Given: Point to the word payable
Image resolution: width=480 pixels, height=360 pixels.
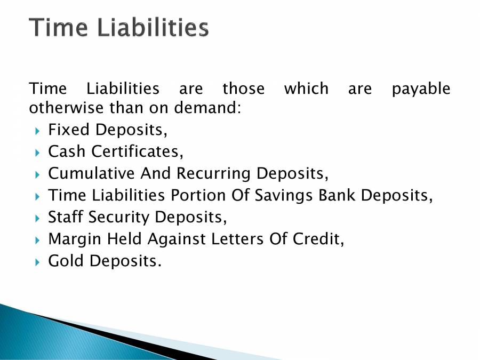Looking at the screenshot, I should [x=421, y=89].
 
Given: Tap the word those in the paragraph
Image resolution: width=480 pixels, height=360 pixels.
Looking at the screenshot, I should [x=243, y=88].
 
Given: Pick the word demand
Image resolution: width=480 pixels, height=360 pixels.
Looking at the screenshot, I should [x=208, y=108].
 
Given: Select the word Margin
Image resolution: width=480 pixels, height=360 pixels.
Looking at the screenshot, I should [x=71, y=239].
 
